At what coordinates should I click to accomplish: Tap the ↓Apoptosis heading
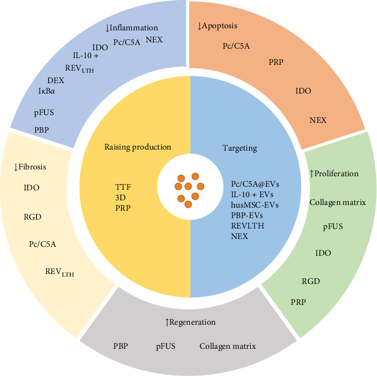220,24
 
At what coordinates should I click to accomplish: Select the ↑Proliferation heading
334,174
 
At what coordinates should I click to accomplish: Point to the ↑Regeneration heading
190,322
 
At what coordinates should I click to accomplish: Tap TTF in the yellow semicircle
123,185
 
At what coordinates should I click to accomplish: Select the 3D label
120,195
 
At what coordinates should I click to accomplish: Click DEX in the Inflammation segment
56,80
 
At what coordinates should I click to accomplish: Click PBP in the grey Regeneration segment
120,346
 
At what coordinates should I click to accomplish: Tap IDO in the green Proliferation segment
323,253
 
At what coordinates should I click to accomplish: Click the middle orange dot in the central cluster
187,186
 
